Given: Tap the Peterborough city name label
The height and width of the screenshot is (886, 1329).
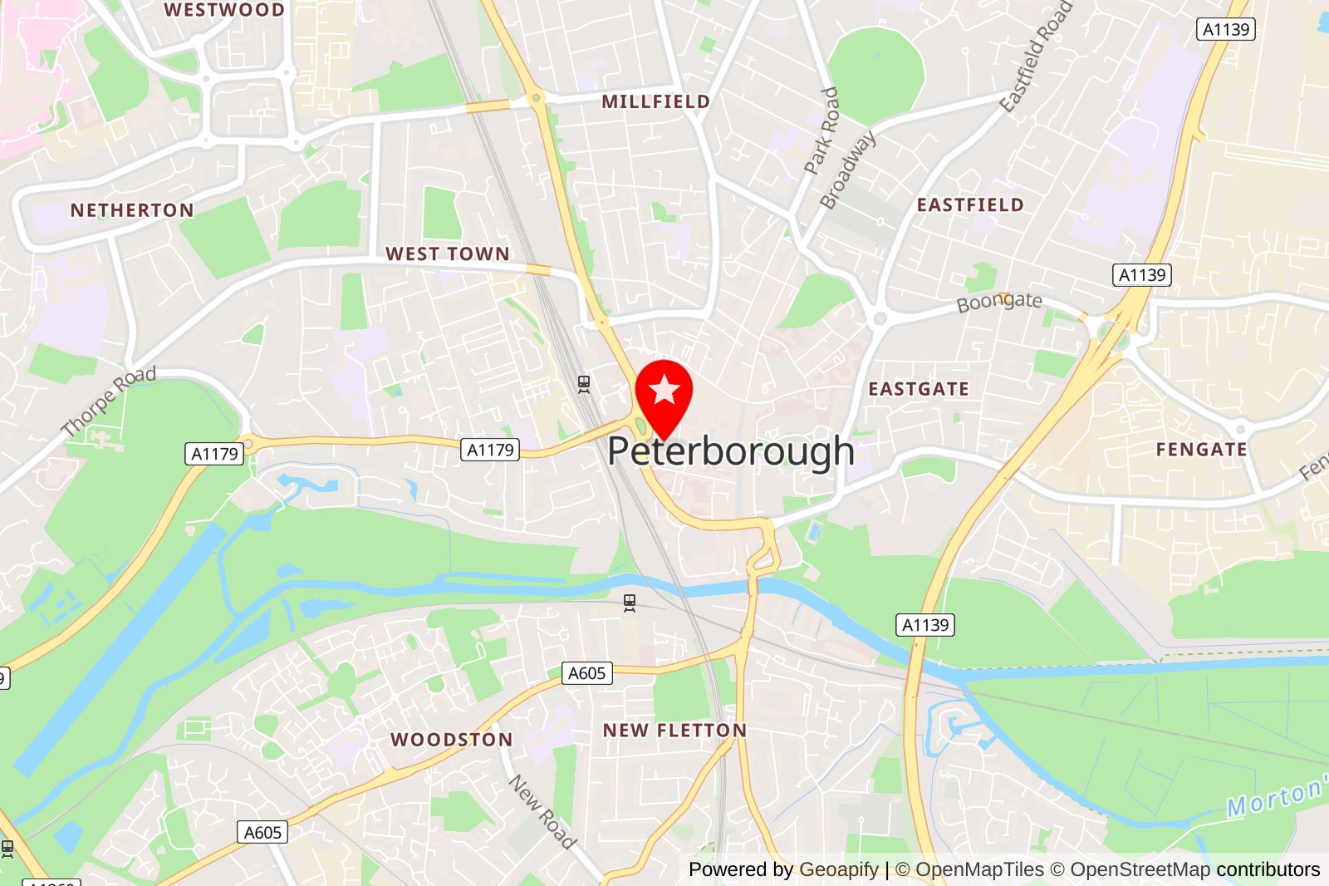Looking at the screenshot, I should (x=731, y=451).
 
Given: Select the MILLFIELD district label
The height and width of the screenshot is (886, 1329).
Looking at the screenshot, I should (x=655, y=101).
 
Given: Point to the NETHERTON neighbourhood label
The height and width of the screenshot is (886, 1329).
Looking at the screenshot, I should (x=132, y=210).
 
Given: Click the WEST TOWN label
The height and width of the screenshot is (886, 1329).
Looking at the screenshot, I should (x=448, y=253).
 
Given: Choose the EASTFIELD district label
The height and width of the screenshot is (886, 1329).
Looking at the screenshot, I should (x=970, y=204).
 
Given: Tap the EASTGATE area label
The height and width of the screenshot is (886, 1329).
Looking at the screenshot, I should (x=919, y=389).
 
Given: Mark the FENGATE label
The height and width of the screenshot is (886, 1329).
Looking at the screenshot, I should (x=1201, y=450).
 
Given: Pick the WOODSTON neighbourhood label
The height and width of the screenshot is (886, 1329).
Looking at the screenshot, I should (x=452, y=740).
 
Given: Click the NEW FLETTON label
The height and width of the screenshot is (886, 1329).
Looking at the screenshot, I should (x=674, y=731).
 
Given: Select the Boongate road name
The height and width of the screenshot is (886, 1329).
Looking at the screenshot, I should (x=999, y=302).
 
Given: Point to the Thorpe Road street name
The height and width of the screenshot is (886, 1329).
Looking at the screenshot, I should (x=109, y=401).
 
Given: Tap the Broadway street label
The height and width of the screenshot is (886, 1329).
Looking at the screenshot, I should (x=847, y=170).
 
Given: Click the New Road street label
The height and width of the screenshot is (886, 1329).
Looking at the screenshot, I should (x=542, y=812).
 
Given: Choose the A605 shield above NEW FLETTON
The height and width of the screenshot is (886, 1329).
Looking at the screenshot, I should (x=586, y=673).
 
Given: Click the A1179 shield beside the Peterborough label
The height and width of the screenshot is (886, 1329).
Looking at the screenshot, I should (x=490, y=450).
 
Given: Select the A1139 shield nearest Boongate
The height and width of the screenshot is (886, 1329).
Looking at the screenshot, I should (x=1141, y=275).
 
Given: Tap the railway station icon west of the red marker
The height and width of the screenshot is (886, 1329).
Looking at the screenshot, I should (x=584, y=384).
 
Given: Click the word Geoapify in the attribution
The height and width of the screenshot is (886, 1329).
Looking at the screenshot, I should (x=839, y=869).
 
